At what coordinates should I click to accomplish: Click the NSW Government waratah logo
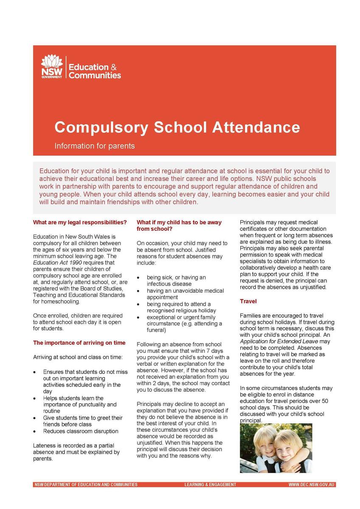click(x=52, y=67)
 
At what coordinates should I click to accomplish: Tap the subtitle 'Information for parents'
click(x=94, y=146)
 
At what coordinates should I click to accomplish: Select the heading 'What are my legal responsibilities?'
click(x=80, y=222)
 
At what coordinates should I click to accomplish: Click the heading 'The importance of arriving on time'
click(x=79, y=343)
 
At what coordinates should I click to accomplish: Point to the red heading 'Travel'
click(x=248, y=301)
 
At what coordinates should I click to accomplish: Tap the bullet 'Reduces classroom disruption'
click(x=81, y=431)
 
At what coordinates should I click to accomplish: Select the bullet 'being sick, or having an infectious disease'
click(x=176, y=280)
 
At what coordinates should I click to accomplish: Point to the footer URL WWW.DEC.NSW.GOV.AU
click(x=312, y=484)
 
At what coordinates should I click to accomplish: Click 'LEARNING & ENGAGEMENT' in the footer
click(x=210, y=484)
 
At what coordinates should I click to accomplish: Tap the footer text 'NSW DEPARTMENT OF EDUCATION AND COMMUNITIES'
click(x=86, y=484)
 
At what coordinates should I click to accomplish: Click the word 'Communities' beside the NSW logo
click(x=95, y=76)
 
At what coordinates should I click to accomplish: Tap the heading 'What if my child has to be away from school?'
click(x=179, y=226)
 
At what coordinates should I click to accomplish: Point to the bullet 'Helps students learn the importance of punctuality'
click(x=79, y=405)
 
